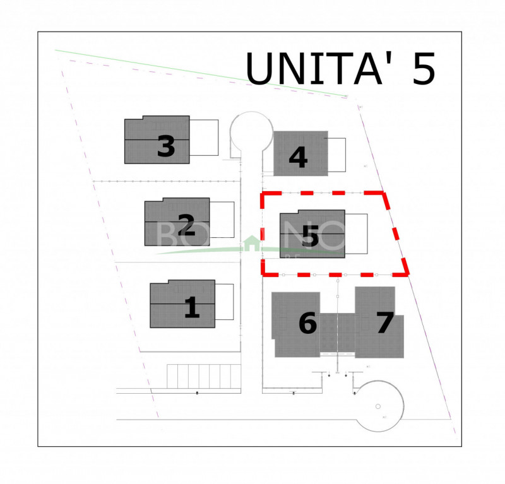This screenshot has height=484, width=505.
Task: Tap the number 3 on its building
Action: (165, 146)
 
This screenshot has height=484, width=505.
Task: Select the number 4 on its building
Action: (298, 157)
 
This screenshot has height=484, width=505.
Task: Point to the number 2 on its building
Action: (186, 224)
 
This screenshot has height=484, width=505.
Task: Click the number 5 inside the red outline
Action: (310, 236)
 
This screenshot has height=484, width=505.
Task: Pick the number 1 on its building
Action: (191, 308)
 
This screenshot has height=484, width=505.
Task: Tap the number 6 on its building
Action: (307, 323)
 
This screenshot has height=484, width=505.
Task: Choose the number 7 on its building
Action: (385, 323)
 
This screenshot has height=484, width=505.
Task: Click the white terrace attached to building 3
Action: (204, 138)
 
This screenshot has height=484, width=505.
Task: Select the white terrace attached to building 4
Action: (336, 154)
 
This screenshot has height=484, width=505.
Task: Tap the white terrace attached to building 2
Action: (222, 220)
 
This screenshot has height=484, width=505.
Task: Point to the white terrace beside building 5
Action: (356, 233)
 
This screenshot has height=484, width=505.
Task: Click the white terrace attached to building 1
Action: (224, 302)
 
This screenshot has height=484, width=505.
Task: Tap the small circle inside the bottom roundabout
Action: (377, 406)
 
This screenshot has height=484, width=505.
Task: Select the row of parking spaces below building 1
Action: (203, 377)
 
